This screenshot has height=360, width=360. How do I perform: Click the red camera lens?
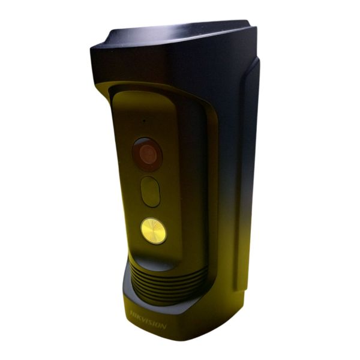(x=148, y=154)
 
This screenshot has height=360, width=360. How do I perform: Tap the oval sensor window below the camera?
(x=151, y=192)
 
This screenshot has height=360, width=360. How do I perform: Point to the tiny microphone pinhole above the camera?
(x=144, y=120)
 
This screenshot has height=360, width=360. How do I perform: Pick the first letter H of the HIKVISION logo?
(x=133, y=313)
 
